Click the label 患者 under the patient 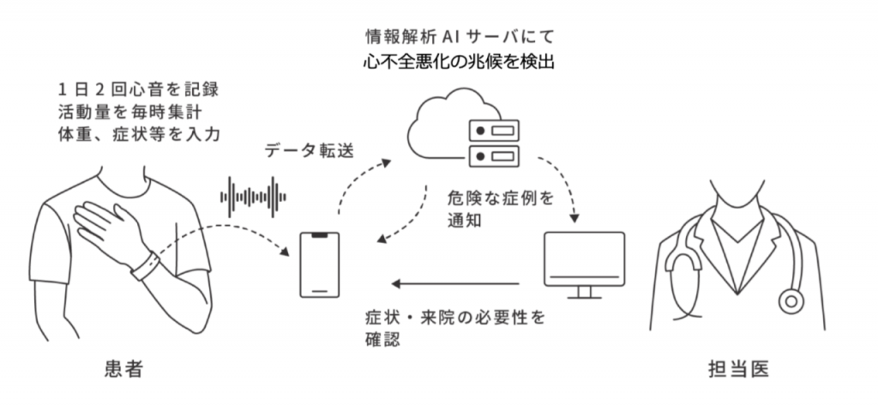coord(124,369)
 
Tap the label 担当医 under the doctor coord(738,369)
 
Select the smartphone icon coord(319,264)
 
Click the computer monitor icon coord(584,264)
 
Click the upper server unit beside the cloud coord(493,131)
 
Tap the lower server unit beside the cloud coord(493,155)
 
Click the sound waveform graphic coord(253,197)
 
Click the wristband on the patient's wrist coord(146,265)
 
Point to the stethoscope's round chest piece coord(791,301)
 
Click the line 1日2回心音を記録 coord(138,89)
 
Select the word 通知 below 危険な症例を coord(464,221)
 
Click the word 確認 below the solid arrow coord(382,339)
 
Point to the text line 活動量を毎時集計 coord(130,112)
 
